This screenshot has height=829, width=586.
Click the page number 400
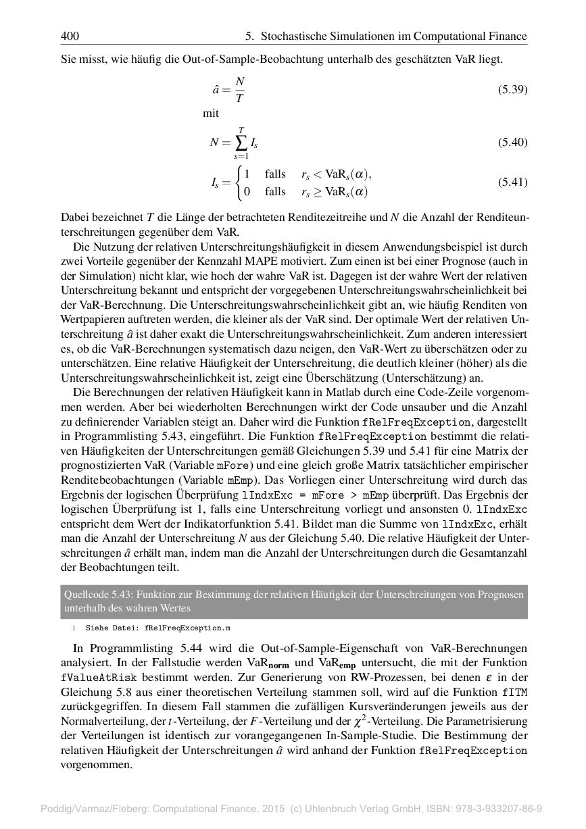70,36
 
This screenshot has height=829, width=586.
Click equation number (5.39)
512,90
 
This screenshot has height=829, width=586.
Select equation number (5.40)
512,143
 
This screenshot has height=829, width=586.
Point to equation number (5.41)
512,182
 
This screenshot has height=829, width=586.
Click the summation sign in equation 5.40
241,143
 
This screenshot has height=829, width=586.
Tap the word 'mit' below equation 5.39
211,114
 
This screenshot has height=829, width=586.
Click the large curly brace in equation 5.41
238,182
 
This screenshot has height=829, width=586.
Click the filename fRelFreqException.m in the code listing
182,628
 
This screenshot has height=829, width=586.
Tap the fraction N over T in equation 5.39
239,90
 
